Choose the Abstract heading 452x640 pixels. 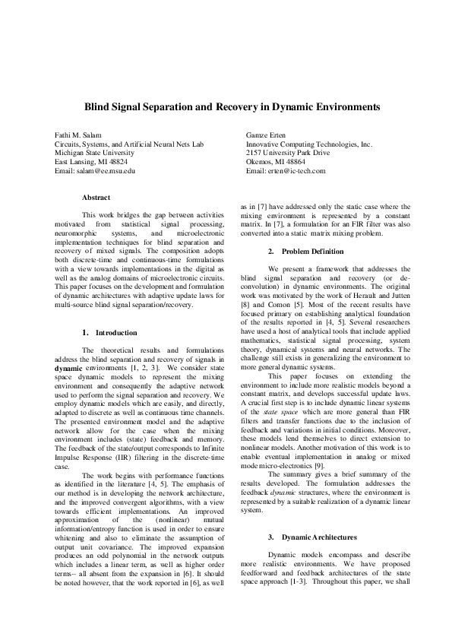[x=96, y=197]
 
